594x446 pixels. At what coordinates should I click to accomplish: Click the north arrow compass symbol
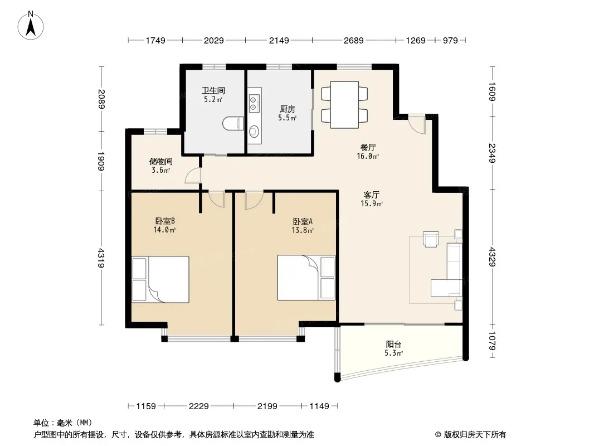pos(31,26)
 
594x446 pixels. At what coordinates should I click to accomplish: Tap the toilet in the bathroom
pos(233,124)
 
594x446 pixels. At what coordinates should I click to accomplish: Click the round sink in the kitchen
pos(254,131)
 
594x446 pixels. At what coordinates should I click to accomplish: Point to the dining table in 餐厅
pos(344,105)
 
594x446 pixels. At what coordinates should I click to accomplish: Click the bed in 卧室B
pos(160,279)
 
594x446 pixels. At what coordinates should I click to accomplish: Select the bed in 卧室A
pos(306,278)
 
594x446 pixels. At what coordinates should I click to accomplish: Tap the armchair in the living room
pos(431,239)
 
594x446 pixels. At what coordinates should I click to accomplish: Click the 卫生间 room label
pos(213,90)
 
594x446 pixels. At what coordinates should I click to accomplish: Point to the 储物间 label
pos(160,162)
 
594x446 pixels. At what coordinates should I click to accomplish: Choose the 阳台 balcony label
pos(393,344)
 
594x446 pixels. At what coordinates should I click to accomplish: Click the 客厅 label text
pos(371,195)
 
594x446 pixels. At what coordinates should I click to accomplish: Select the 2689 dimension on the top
pos(353,40)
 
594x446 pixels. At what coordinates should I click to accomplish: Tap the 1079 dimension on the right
pos(492,341)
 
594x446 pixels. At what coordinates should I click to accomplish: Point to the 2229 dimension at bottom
pos(198,406)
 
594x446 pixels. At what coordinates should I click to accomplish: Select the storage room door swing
pos(193,176)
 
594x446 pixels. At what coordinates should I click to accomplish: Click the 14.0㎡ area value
pos(164,230)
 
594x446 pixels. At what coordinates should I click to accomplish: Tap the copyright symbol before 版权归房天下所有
pos(439,435)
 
